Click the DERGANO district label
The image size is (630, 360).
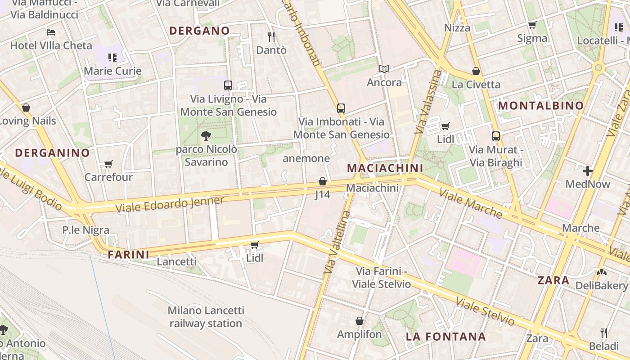coord(199,31)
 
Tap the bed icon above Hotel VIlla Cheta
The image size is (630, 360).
coord(51,32)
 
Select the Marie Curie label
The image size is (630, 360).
coord(112,71)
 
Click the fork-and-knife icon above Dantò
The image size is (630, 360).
coord(271,36)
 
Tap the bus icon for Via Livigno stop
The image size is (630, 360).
coord(228,85)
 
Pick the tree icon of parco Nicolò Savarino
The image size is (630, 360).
coord(206,135)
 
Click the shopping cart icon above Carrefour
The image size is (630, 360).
coord(108,164)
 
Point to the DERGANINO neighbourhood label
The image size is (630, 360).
coord(52,153)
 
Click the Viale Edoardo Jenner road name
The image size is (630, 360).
coord(170,204)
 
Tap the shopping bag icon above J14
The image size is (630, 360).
coord(322,181)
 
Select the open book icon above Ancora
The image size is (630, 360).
coord(384,69)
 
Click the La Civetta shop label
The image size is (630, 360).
coord(476,84)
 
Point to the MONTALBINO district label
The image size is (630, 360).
coord(541,106)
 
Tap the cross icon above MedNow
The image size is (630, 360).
coord(587,171)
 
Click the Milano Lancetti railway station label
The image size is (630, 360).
coord(206,317)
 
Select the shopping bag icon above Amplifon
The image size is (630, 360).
coord(359,321)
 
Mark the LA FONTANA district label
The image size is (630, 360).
coord(445,337)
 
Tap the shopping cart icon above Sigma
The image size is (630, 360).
coord(532,25)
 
